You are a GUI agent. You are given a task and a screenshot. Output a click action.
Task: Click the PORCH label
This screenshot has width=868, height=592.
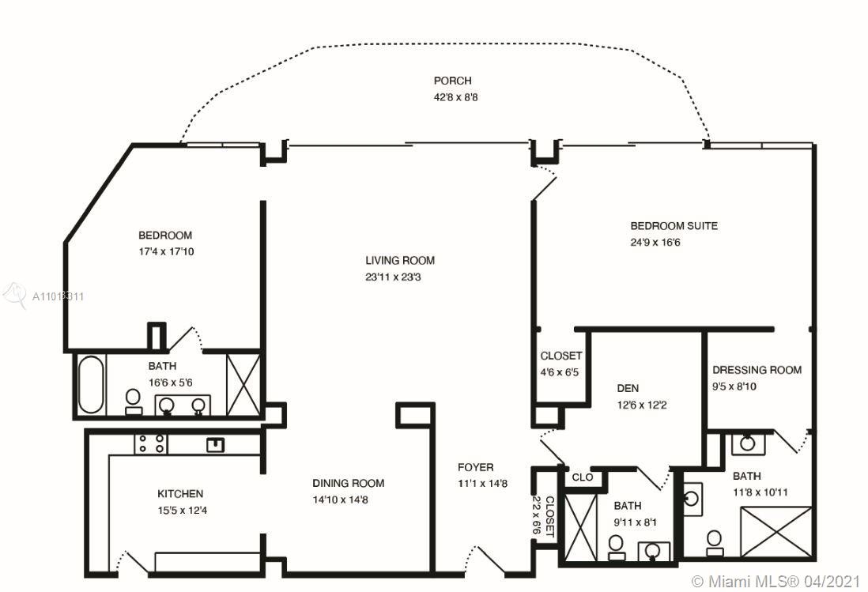452,81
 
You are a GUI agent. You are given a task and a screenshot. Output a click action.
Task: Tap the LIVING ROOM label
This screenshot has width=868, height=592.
400,261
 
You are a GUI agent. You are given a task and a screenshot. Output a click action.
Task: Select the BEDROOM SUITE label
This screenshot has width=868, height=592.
674,226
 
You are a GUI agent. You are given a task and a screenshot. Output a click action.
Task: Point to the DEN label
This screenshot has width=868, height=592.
628,388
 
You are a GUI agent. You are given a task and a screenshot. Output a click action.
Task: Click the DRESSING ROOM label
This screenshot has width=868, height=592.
757,370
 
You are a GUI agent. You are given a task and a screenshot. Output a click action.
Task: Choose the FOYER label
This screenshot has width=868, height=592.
476,467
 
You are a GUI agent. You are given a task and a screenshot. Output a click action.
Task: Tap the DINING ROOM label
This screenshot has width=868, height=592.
348,483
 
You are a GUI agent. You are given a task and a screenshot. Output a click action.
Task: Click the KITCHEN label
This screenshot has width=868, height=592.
180,493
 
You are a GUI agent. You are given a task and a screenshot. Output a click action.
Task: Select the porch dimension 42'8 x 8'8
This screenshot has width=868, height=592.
455,97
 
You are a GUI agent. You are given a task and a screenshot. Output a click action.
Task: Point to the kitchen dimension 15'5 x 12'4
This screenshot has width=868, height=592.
182,510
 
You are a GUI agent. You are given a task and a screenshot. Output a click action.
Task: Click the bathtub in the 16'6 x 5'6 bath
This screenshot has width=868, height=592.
91,384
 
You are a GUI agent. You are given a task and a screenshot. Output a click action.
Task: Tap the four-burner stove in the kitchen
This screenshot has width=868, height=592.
150,443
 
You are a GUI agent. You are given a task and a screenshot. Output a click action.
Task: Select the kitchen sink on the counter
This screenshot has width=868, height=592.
215,444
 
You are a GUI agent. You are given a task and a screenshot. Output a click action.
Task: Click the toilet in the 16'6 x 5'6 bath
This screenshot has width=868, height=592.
133,402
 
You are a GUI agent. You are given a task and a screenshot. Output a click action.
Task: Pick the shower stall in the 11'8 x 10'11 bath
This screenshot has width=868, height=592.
776,532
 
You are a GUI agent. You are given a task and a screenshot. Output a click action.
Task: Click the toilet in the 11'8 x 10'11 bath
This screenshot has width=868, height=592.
714,543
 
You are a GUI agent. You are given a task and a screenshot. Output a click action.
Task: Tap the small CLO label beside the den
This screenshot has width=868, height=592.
582,477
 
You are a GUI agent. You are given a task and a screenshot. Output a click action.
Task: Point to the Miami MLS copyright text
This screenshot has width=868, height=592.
775,582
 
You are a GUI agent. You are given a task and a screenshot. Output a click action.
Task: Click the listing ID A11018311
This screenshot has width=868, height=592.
58,296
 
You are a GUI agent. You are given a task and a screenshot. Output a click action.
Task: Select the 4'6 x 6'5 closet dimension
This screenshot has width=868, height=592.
559,372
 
